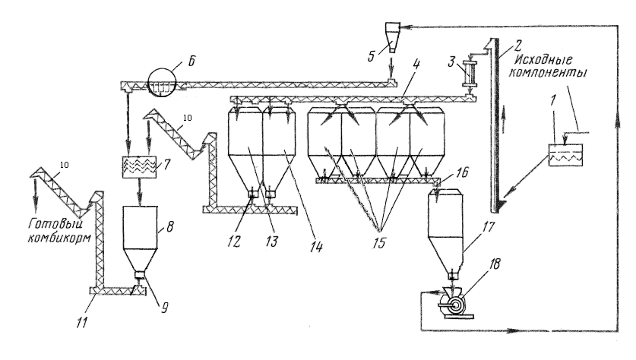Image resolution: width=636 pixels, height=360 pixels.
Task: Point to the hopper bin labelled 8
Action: pos(140,235)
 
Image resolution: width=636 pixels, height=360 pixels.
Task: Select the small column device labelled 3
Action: pos(468,77)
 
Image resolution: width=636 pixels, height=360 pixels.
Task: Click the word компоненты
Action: pos(550,77)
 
